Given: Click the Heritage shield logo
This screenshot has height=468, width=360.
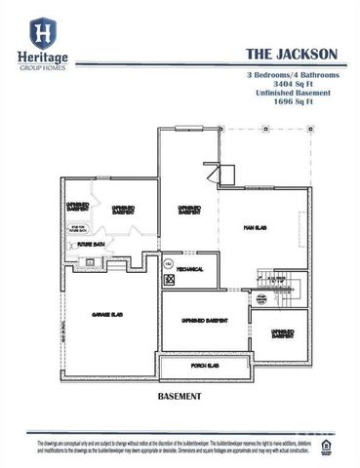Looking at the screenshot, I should (x=43, y=35).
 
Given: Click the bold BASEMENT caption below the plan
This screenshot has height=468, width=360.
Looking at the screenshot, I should (x=179, y=397).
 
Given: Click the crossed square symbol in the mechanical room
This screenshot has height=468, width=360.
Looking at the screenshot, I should (x=168, y=279).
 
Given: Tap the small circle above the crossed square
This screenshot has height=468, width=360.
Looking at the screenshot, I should (x=168, y=264).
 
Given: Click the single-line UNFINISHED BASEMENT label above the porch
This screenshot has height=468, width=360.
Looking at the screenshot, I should (x=205, y=320).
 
